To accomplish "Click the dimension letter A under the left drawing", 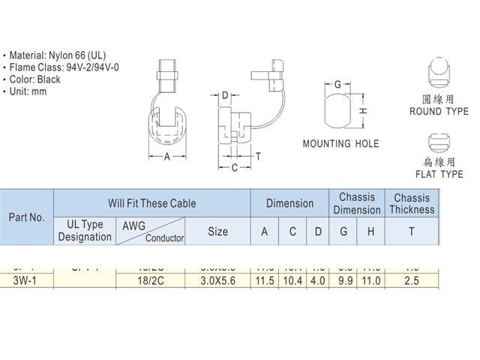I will pyautogui.click(x=167, y=157).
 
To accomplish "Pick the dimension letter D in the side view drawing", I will pyautogui.click(x=225, y=95).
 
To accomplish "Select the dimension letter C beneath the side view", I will pyautogui.click(x=235, y=167).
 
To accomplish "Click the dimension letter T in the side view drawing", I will pyautogui.click(x=258, y=156).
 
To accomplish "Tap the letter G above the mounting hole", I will pyautogui.click(x=338, y=84).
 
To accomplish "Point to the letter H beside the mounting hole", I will pyautogui.click(x=361, y=111).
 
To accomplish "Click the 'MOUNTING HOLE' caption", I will pyautogui.click(x=340, y=144).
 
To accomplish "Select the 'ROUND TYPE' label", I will pyautogui.click(x=439, y=112).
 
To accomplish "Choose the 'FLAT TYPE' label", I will pyautogui.click(x=439, y=174).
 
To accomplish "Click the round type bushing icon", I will pyautogui.click(x=439, y=71).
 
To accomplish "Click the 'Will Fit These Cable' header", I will pyautogui.click(x=151, y=203).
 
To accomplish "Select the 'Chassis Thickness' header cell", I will pyautogui.click(x=411, y=204).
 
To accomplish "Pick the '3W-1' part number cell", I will pyautogui.click(x=26, y=281).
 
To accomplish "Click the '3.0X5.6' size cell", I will pyautogui.click(x=217, y=281).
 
